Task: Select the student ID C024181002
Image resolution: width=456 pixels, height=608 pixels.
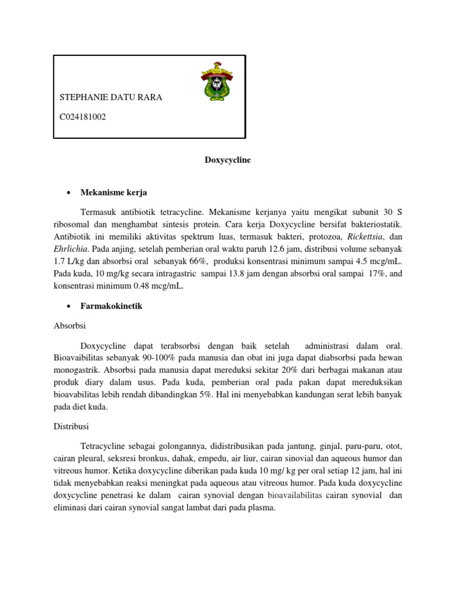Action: tap(83, 117)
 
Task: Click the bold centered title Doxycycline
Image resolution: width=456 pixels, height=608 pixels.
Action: tap(227, 160)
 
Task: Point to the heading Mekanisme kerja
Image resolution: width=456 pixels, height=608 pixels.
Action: tap(113, 193)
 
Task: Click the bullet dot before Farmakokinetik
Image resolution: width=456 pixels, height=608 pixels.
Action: tap(69, 306)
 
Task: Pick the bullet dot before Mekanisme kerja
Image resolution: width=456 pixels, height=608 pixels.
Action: tap(69, 193)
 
